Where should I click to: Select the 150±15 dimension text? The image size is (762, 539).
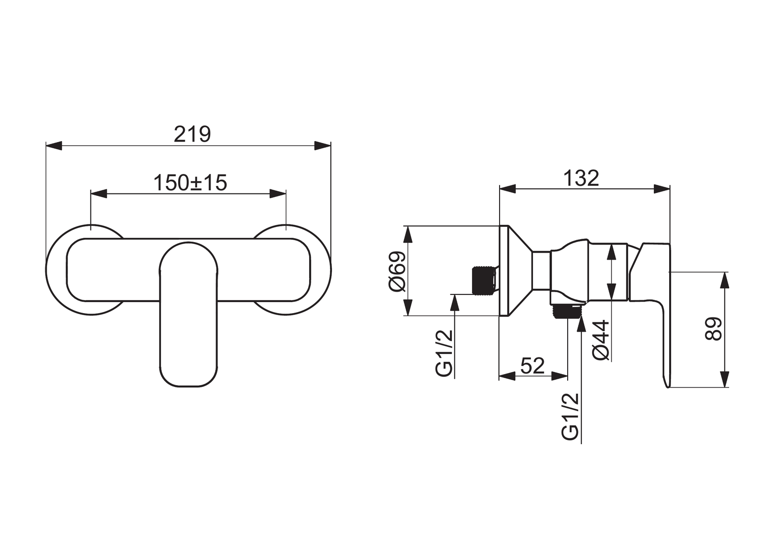(190, 183)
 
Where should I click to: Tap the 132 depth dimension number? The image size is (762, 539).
(581, 178)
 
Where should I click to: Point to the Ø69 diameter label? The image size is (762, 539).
(398, 271)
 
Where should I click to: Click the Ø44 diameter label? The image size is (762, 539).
(601, 340)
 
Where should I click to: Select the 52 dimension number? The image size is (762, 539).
(532, 366)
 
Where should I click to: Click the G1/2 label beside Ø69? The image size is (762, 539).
(445, 354)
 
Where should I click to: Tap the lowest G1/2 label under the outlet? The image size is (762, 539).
(570, 417)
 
